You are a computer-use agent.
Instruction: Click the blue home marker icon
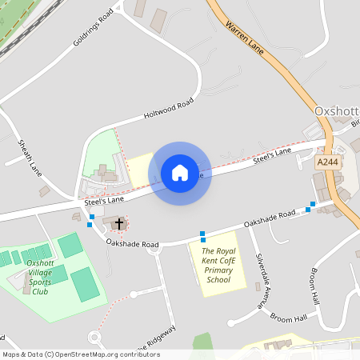(x=180, y=173)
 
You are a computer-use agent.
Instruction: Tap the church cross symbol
(x=118, y=223)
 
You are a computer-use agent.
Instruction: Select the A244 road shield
(x=326, y=162)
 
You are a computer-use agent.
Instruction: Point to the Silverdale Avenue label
(x=259, y=281)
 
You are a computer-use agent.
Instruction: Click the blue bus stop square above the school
(x=202, y=236)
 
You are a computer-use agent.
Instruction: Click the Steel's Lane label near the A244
(x=272, y=156)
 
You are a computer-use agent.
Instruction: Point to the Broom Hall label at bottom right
(x=288, y=318)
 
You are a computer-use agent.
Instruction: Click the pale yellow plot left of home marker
(x=141, y=167)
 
